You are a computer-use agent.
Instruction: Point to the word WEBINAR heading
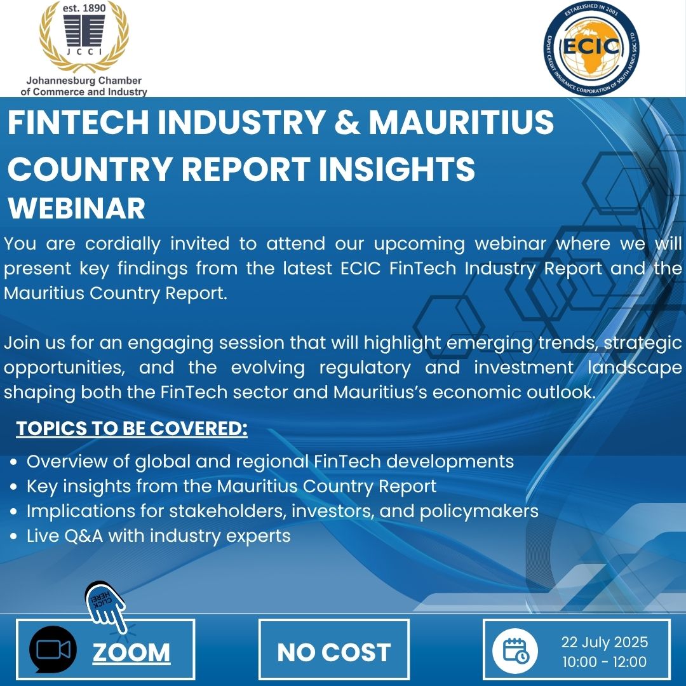click(x=77, y=209)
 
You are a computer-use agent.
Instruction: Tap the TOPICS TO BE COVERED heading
click(x=131, y=429)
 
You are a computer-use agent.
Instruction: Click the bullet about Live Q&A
click(x=158, y=536)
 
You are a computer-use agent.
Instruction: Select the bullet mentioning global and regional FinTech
click(x=270, y=461)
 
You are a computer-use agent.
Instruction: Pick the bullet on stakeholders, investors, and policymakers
click(x=282, y=511)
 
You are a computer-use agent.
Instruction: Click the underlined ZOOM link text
click(x=131, y=652)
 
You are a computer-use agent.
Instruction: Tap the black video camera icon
click(x=53, y=649)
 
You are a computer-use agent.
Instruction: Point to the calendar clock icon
click(x=515, y=650)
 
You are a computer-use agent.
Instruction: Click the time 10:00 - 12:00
click(x=604, y=662)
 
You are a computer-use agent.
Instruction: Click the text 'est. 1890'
click(x=84, y=8)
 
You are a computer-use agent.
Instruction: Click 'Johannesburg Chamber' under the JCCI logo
click(x=84, y=81)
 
